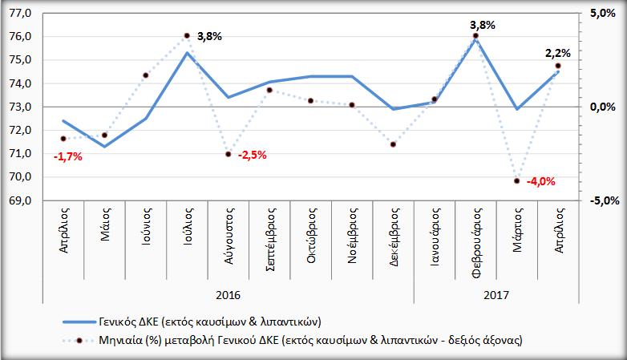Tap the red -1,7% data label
point(67,156)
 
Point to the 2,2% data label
point(558,53)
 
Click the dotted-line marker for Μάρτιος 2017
point(517,180)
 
